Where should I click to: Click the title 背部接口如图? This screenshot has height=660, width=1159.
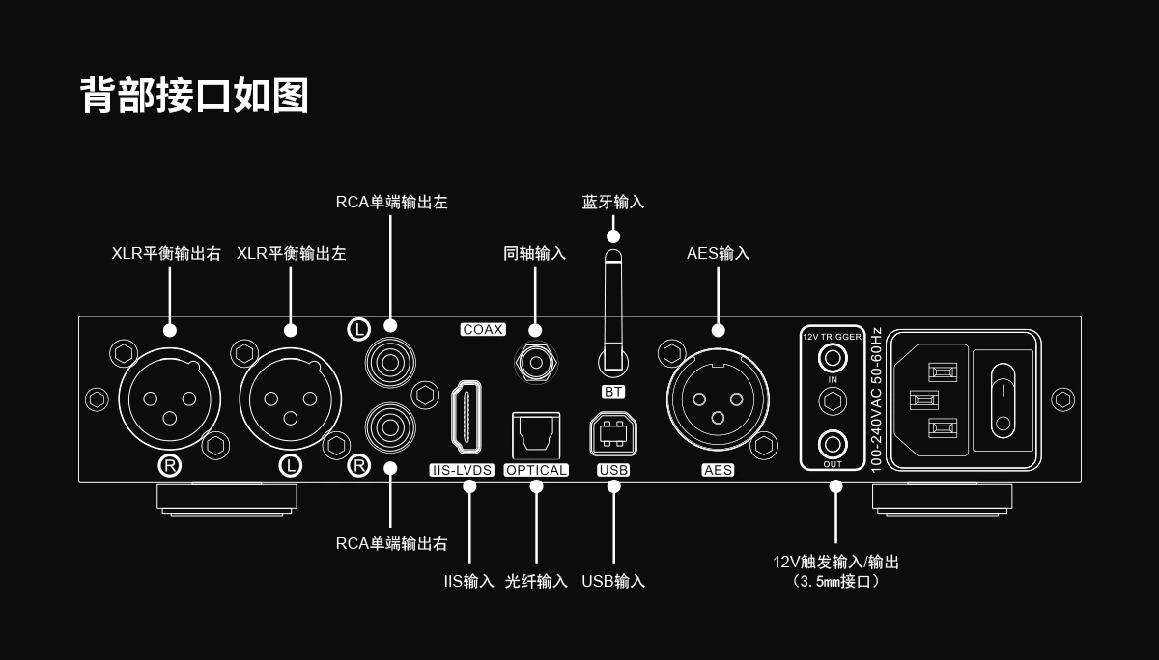tap(194, 96)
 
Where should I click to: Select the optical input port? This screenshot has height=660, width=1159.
tap(536, 435)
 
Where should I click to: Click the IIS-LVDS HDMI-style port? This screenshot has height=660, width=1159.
tap(468, 417)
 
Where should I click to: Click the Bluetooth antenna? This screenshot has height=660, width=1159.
tap(613, 309)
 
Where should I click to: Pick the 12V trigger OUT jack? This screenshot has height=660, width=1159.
tap(833, 445)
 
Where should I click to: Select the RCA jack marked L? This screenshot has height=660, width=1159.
tap(389, 363)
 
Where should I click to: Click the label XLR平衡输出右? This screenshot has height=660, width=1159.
tap(166, 254)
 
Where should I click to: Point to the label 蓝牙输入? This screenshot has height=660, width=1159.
tap(613, 203)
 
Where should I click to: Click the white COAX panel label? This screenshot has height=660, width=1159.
tap(483, 330)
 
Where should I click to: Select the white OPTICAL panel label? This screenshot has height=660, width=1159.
tap(536, 470)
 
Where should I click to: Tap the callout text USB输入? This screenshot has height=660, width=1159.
tap(613, 581)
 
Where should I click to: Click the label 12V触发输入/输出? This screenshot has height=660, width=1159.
tap(835, 562)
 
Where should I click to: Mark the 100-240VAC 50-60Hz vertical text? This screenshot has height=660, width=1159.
tap(876, 399)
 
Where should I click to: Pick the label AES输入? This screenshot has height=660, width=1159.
tap(718, 254)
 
